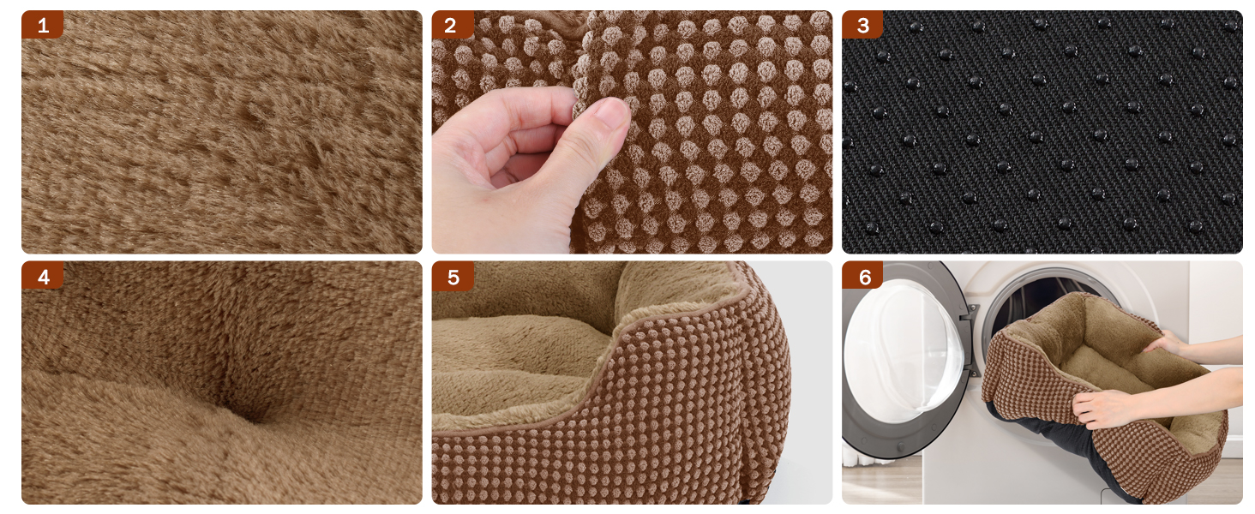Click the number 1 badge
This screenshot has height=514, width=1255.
click(x=43, y=25)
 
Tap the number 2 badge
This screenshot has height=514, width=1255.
click(x=452, y=25)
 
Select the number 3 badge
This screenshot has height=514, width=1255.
click(x=862, y=25)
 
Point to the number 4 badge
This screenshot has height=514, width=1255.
click(x=43, y=276)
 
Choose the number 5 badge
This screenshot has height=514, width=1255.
click(x=453, y=277)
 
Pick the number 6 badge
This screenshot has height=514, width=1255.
click(x=862, y=276)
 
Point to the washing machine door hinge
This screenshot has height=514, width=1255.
click(x=971, y=342)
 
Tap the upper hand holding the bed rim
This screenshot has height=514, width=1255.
click(x=1168, y=343)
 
